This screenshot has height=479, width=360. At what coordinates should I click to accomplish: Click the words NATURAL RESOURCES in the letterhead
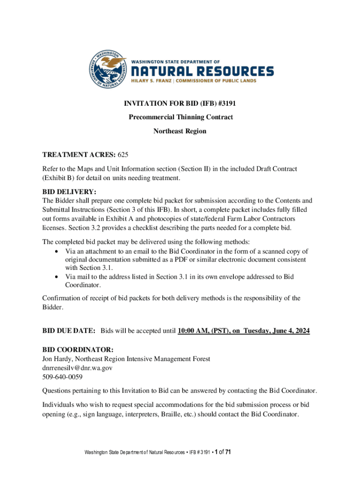202,71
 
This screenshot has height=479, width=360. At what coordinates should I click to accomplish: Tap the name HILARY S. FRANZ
150,80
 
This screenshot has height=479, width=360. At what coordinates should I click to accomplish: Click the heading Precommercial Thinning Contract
180,117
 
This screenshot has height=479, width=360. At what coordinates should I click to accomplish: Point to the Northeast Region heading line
180,131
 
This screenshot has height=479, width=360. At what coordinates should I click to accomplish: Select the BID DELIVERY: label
69,191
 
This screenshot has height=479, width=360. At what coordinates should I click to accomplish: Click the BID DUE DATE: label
69,331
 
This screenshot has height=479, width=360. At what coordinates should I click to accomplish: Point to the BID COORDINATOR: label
78,349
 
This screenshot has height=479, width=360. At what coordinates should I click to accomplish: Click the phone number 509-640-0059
62,377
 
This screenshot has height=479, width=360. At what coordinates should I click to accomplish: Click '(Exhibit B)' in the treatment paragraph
60,178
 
